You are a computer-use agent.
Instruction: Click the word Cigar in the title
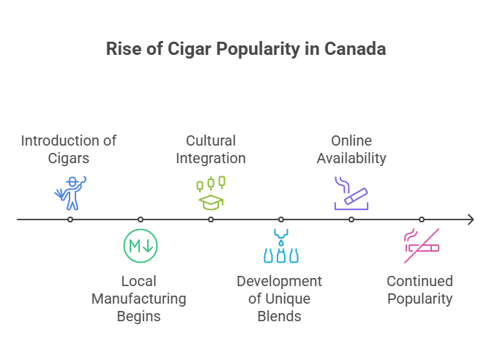(x=168, y=50)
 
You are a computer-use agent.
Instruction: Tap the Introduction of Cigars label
(x=68, y=149)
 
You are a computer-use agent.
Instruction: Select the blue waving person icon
(x=70, y=192)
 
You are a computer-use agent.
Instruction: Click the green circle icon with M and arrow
(x=141, y=246)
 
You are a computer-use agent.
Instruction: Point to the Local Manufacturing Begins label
(x=139, y=299)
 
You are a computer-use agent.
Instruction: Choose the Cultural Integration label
(x=211, y=149)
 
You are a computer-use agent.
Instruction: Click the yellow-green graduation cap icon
(x=211, y=192)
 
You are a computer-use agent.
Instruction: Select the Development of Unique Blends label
(x=280, y=299)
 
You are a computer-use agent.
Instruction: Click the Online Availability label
(x=351, y=149)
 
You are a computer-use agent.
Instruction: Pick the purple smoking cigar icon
(x=351, y=193)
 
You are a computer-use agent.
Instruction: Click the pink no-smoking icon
(x=422, y=247)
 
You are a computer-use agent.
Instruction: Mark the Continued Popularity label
(x=420, y=290)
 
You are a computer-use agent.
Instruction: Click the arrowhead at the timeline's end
(x=471, y=220)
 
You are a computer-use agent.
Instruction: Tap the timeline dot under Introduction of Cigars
(x=70, y=220)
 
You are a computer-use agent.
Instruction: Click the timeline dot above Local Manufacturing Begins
(x=141, y=220)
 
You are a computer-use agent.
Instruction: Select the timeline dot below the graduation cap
(x=211, y=220)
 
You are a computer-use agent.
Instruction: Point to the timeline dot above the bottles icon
(x=281, y=220)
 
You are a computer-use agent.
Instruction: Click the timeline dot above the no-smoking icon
(x=422, y=220)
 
